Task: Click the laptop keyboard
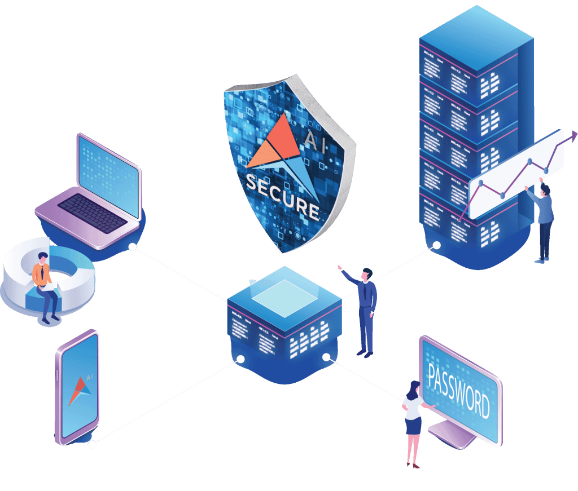[93, 213]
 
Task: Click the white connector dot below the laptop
[132, 247]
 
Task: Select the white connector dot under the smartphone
[92, 444]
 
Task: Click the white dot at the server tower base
[436, 245]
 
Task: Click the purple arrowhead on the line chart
[574, 135]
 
